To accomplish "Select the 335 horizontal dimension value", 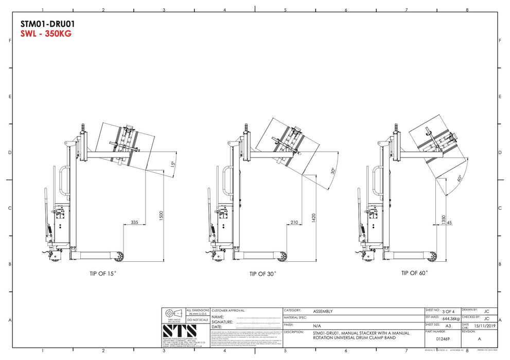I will [x=135, y=222].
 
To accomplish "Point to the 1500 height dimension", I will [x=162, y=217].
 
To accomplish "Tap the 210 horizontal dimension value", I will [x=294, y=222].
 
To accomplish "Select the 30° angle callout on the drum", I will [x=333, y=171].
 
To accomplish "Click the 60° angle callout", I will [x=458, y=179].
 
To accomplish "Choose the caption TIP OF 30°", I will [x=262, y=274].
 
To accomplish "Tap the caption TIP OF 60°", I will [x=414, y=273].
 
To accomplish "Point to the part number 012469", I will [x=443, y=339].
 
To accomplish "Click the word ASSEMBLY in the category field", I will [x=323, y=311].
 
